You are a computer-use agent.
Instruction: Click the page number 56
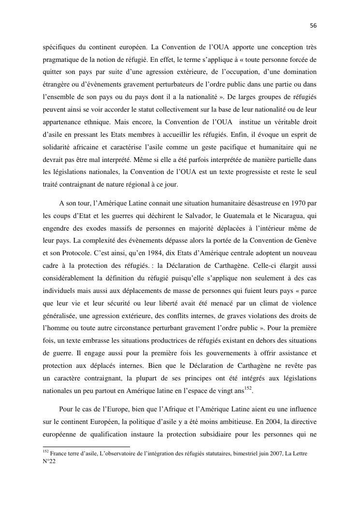pyautogui.click(x=313, y=25)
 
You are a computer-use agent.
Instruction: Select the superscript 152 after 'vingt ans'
pyautogui.click(x=248, y=388)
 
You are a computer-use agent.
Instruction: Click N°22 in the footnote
pyautogui.click(x=49, y=462)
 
